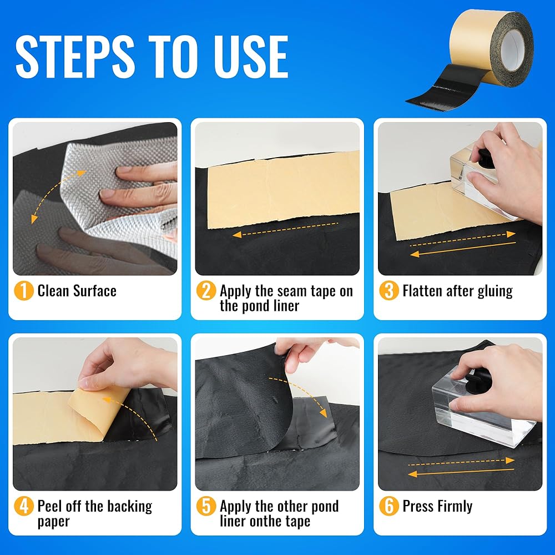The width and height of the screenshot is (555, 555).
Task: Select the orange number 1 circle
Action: click(x=24, y=291)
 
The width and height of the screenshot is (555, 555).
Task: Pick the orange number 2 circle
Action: click(x=206, y=291)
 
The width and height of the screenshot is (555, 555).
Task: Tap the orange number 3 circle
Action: click(x=389, y=291)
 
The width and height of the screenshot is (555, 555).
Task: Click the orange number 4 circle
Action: click(x=24, y=506)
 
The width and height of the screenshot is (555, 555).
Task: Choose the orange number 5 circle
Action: click(x=206, y=506)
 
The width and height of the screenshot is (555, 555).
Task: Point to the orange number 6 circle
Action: click(x=389, y=506)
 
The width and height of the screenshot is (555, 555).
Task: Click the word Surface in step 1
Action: click(x=95, y=291)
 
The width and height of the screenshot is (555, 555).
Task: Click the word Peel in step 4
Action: click(x=49, y=506)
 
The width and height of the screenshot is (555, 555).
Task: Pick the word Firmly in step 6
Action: click(x=455, y=507)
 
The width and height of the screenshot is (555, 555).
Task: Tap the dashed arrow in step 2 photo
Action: click(x=285, y=229)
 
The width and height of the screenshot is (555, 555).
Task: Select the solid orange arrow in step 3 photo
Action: click(x=463, y=249)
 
